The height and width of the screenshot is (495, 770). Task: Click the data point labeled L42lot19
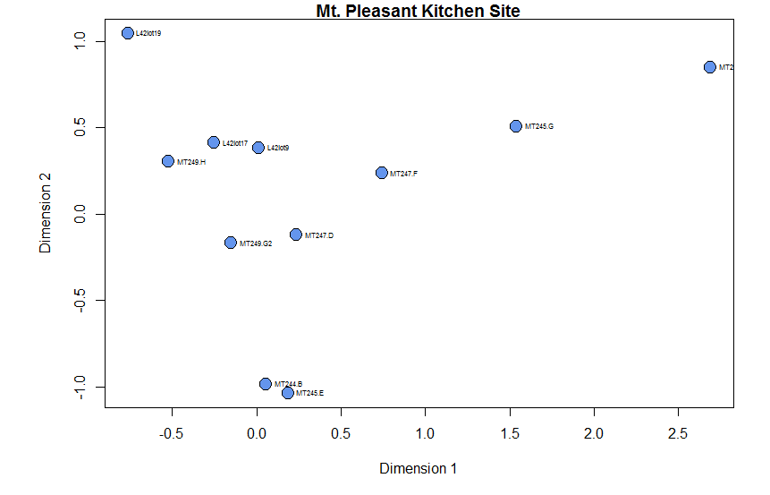[128, 33]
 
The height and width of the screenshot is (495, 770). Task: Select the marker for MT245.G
[516, 126]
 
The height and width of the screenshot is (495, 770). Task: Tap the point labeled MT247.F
[382, 173]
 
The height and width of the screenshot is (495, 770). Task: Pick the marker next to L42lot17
[214, 142]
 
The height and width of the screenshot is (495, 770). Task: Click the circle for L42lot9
[258, 148]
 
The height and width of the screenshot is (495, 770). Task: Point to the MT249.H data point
[168, 161]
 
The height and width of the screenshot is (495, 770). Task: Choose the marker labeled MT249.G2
[231, 243]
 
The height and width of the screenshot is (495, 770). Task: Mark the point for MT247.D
[296, 235]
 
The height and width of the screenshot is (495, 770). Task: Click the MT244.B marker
[266, 384]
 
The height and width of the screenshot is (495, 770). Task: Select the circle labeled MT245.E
[288, 393]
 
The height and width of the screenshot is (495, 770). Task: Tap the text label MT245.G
[539, 127]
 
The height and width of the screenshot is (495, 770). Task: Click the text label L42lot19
[148, 34]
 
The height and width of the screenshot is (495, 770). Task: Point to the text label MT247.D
[319, 235]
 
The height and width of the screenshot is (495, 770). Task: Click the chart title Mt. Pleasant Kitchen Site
[418, 12]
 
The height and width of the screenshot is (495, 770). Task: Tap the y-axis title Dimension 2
[46, 215]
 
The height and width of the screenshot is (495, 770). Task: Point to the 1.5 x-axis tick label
[510, 434]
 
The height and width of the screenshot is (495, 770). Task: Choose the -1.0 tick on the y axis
[80, 388]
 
